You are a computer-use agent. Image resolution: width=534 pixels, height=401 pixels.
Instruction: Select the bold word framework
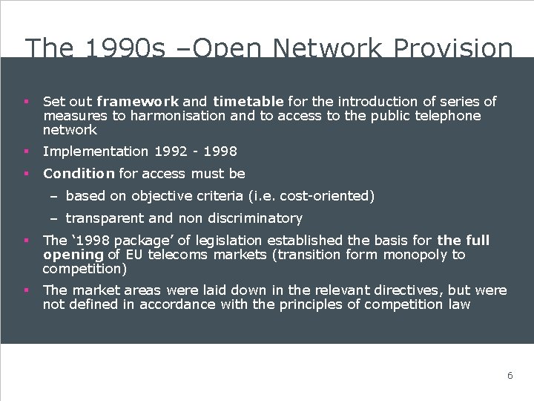coord(137,101)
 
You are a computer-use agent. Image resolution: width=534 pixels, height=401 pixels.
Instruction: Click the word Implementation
coord(96,151)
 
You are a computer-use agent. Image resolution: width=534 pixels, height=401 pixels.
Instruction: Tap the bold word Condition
coord(79,174)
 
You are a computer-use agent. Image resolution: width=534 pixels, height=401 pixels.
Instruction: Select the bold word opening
coord(73,255)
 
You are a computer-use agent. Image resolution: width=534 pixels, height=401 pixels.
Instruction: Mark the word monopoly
coord(418,255)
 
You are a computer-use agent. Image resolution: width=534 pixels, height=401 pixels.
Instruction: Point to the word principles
coord(313,304)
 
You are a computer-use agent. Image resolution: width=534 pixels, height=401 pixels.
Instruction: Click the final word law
coord(460,304)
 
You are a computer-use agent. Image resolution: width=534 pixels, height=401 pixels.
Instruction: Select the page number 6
coord(510,376)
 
